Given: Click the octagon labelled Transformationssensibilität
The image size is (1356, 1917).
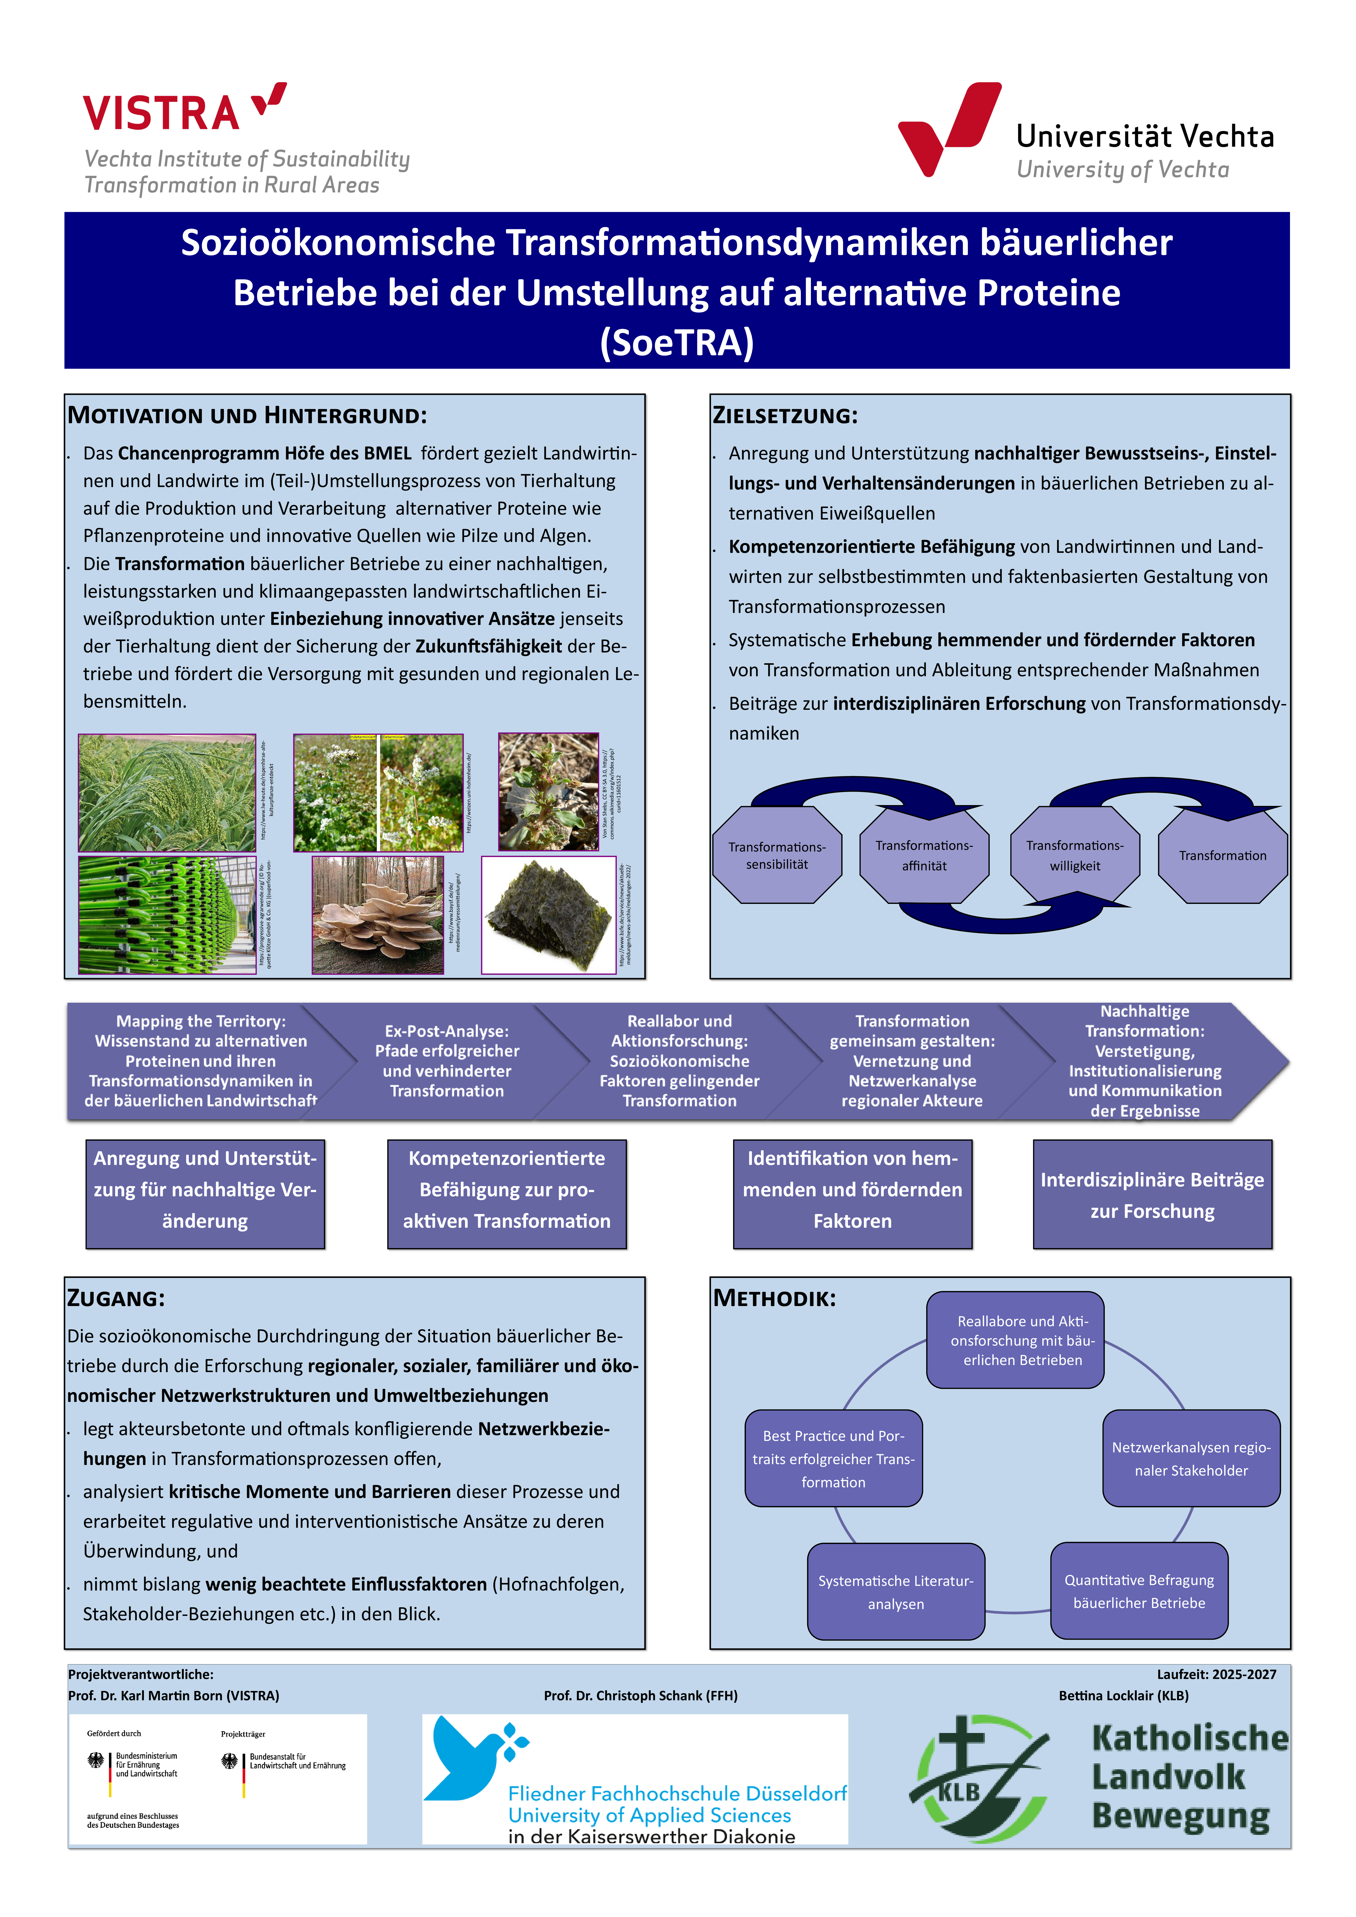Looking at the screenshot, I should (x=777, y=855).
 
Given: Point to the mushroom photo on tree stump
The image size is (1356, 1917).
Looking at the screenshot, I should (x=377, y=915).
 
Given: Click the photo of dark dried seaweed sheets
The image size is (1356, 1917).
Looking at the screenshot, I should (x=549, y=915).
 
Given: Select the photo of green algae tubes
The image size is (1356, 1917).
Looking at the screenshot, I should (x=167, y=915).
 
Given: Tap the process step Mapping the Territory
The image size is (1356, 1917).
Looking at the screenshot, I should (x=200, y=1061).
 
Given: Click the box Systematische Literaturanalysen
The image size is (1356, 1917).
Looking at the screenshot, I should (x=896, y=1591).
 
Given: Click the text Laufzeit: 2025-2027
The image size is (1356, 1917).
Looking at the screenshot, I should (x=1216, y=1674).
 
